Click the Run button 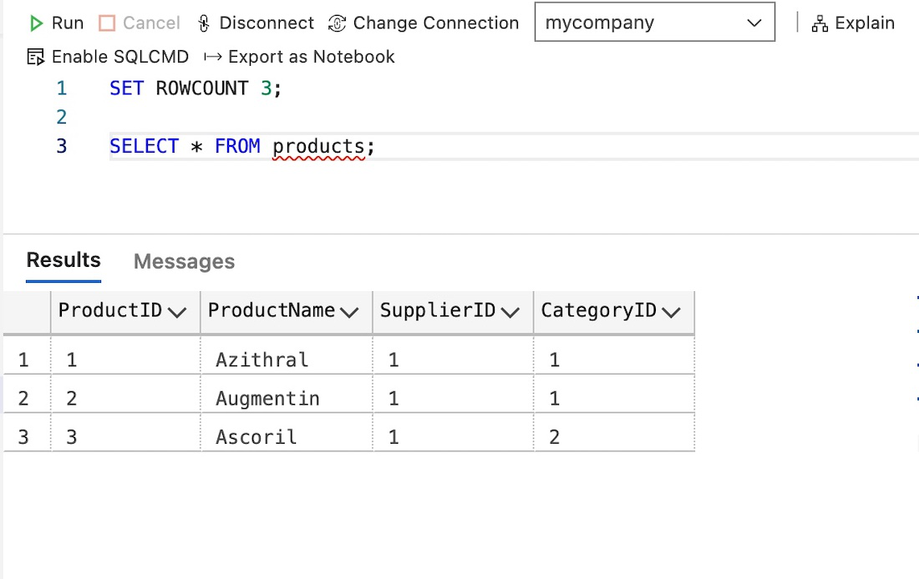pyautogui.click(x=56, y=23)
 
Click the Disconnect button pyautogui.click(x=256, y=23)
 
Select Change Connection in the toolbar pyautogui.click(x=424, y=23)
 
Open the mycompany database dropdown pyautogui.click(x=654, y=23)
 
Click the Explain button pyautogui.click(x=853, y=23)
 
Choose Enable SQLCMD pyautogui.click(x=108, y=57)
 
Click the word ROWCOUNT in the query pyautogui.click(x=202, y=88)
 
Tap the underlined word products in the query pyautogui.click(x=318, y=147)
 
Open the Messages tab pyautogui.click(x=184, y=262)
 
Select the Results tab pyautogui.click(x=63, y=259)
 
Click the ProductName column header pyautogui.click(x=272, y=311)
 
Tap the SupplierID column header pyautogui.click(x=438, y=311)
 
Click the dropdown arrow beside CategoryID pyautogui.click(x=671, y=313)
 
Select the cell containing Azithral pyautogui.click(x=261, y=360)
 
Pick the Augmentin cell pyautogui.click(x=267, y=399)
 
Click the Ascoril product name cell pyautogui.click(x=256, y=437)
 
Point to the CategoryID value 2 pyautogui.click(x=555, y=437)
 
